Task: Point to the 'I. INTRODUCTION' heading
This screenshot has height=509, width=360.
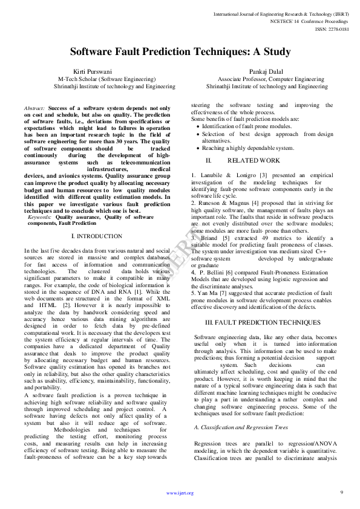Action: (x=97, y=236)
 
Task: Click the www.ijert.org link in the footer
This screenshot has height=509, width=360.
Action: (x=180, y=493)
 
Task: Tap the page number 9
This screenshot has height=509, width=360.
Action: (x=341, y=492)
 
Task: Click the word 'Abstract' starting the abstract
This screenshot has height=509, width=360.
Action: (x=34, y=108)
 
